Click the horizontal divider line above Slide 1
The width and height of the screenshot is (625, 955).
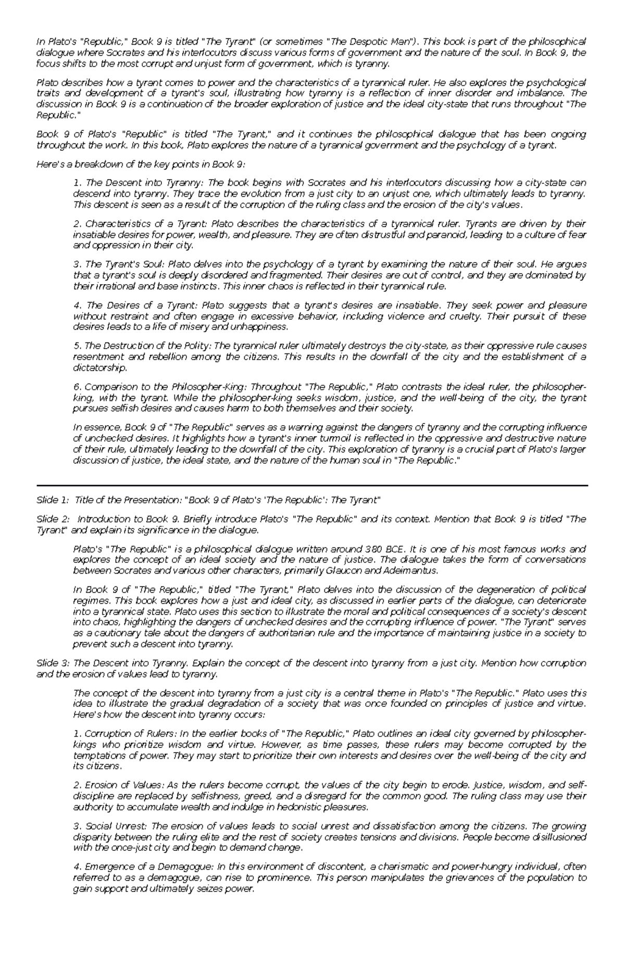(x=312, y=485)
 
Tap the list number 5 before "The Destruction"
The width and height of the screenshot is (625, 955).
(x=77, y=346)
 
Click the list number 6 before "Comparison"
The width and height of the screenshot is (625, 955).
(x=77, y=387)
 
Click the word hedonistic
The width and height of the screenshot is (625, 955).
(x=299, y=807)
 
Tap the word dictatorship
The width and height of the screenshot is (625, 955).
(x=99, y=368)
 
